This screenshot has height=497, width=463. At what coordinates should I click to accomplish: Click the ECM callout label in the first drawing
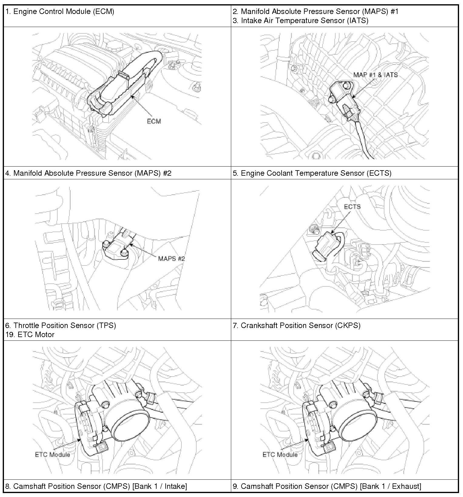coord(154,121)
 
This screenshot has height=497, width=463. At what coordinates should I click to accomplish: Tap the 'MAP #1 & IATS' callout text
coord(375,75)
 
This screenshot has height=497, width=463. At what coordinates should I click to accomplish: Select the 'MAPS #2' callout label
coord(171,259)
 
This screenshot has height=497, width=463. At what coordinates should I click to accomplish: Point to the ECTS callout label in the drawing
coord(352,207)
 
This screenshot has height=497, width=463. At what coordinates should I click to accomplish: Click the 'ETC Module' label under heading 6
coord(52,455)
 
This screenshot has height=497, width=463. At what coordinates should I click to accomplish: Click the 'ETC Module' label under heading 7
coord(280,455)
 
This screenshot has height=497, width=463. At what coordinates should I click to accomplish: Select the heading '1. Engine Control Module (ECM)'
coord(60,12)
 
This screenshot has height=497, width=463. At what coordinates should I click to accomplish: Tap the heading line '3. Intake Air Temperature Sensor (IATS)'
coord(300,21)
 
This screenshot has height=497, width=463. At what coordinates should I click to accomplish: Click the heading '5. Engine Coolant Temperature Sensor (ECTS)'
coord(312,173)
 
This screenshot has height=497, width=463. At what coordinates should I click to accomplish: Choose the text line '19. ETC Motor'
coord(30,334)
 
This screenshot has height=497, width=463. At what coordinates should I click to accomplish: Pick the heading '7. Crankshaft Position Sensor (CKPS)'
coord(296,325)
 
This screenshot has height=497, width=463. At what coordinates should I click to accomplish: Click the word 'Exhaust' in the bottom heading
coord(406,486)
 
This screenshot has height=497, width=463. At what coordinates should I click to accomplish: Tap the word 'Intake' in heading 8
coord(175,486)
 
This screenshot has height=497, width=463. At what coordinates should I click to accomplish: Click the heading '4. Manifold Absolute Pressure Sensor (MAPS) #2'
coord(88,173)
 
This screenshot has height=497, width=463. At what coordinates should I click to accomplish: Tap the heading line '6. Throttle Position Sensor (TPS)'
coord(61,325)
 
